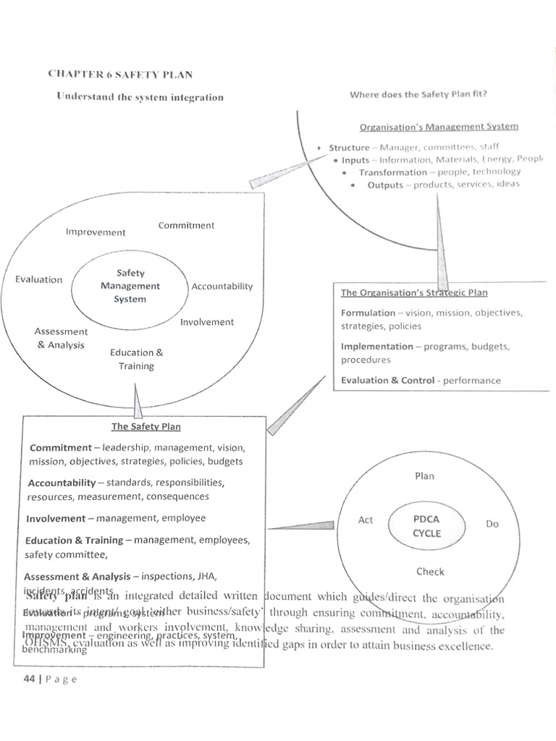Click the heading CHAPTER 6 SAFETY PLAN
click(x=120, y=74)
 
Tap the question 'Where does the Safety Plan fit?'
click(x=418, y=94)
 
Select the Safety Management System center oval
click(x=130, y=286)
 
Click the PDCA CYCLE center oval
click(x=426, y=526)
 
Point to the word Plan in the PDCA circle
click(x=424, y=476)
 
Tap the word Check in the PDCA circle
click(x=430, y=572)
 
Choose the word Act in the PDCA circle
click(x=366, y=520)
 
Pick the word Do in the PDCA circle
click(x=492, y=523)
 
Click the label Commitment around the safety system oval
click(x=186, y=225)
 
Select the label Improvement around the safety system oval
click(x=95, y=232)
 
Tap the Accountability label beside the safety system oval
click(x=222, y=286)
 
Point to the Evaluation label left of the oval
click(x=38, y=279)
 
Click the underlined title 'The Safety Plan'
click(x=146, y=427)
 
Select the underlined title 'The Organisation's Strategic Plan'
click(x=414, y=293)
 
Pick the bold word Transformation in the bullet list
click(x=392, y=172)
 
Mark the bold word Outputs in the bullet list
click(x=384, y=185)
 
